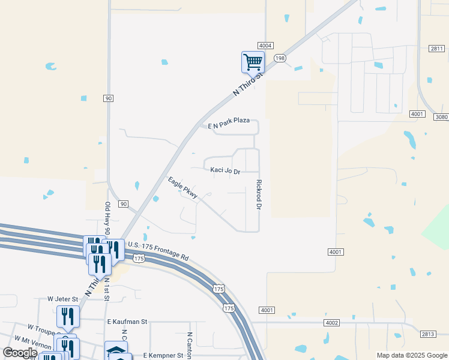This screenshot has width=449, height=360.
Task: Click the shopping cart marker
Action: coord(253,61)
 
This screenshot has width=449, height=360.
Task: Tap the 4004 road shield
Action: coord(266,46)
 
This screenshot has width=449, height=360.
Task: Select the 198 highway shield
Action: coord(280,58)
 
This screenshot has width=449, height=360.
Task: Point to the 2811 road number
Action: coord(437,48)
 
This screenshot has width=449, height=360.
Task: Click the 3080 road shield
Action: coord(442,117)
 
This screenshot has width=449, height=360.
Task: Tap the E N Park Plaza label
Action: coord(229,121)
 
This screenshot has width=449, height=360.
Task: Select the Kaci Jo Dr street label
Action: coord(225,170)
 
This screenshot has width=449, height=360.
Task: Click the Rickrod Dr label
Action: coord(259,194)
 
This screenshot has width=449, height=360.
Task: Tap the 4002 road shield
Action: coord(331,323)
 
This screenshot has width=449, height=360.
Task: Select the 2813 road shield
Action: coord(427,334)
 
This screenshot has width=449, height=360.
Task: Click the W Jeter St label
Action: coord(63,298)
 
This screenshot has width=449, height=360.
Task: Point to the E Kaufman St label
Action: coord(127,322)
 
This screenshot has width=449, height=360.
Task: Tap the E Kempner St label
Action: coord(163,355)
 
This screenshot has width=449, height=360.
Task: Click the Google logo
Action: coord(20,353)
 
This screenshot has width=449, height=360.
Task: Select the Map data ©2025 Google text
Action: coord(411,355)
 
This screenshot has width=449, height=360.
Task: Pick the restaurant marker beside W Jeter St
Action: coord(68,316)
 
